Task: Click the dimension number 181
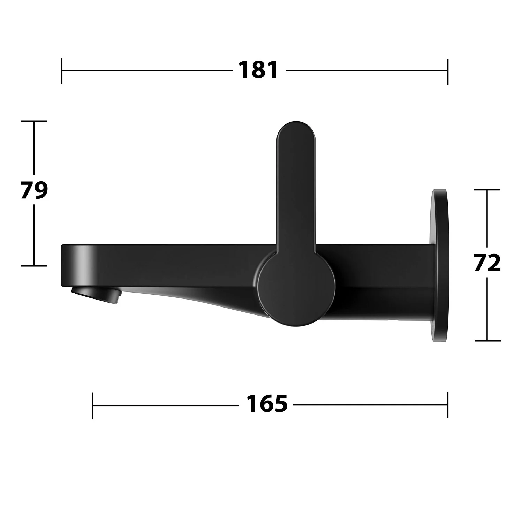coord(258,70)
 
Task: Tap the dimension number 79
coord(34,190)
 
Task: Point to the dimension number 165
coord(267,404)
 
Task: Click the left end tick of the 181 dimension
coord(62,71)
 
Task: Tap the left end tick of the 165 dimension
coord(93,405)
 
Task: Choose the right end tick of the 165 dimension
coord(448,405)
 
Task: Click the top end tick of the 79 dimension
coord(34,121)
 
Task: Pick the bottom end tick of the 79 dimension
coord(34,266)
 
